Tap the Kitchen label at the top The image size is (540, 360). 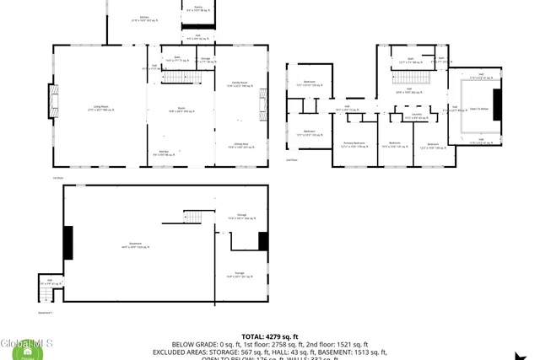click(144, 18)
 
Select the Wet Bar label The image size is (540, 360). click(165, 153)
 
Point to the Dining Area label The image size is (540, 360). click(240, 145)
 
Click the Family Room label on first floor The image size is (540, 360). click(240, 83)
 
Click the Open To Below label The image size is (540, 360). click(479, 109)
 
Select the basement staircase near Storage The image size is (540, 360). click(195, 217)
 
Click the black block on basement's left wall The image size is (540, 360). click(67, 243)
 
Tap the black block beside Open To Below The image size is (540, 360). click(497, 105)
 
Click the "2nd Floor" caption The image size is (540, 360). click(292, 159)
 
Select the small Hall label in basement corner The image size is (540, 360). click(49, 282)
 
